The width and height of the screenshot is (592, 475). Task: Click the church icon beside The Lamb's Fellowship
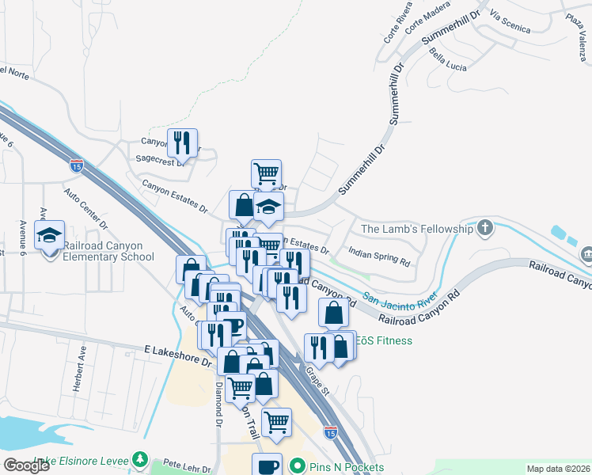coord(485,229)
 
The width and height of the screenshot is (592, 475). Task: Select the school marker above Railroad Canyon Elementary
coord(50,235)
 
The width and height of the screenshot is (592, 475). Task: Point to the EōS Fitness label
coord(384,340)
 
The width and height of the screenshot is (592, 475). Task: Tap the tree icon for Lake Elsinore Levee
coord(140,459)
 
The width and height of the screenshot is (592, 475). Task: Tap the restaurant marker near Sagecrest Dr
coord(183,143)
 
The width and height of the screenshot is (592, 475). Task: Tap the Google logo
coord(26,465)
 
